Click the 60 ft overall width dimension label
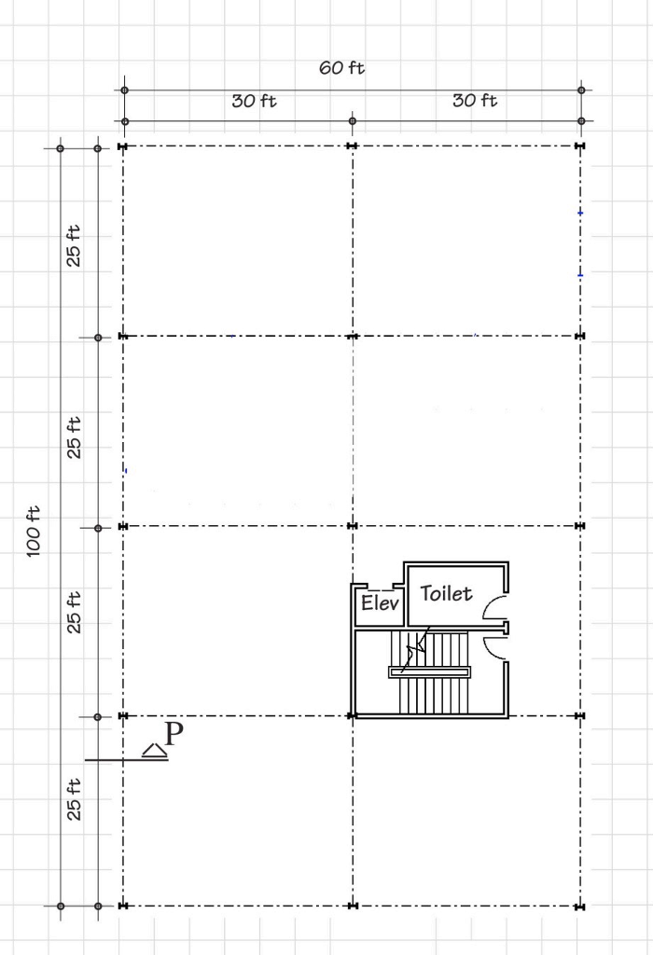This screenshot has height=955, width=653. pos(342,68)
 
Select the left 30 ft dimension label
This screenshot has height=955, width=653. pos(254,101)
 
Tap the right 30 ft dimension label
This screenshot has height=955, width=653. pos(475,101)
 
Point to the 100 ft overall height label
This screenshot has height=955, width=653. pos(34,531)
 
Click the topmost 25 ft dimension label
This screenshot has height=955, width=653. pos(74,245)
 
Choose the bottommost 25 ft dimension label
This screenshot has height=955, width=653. pos(74,798)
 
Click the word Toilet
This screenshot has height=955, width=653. pos(446,593)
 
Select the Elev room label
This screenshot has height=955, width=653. pos(380,603)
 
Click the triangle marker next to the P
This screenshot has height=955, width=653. pos(154,750)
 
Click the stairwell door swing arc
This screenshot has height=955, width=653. pos(494,646)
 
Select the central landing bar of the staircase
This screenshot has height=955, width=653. pos(430,672)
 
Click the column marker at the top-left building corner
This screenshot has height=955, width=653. pos(123,146)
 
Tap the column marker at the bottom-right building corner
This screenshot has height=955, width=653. pos(580,906)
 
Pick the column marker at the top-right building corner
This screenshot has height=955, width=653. pos(580,146)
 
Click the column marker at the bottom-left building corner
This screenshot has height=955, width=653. pos(123,906)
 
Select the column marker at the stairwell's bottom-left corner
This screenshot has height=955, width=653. pos(353,716)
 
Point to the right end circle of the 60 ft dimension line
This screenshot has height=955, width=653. pos(581,90)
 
